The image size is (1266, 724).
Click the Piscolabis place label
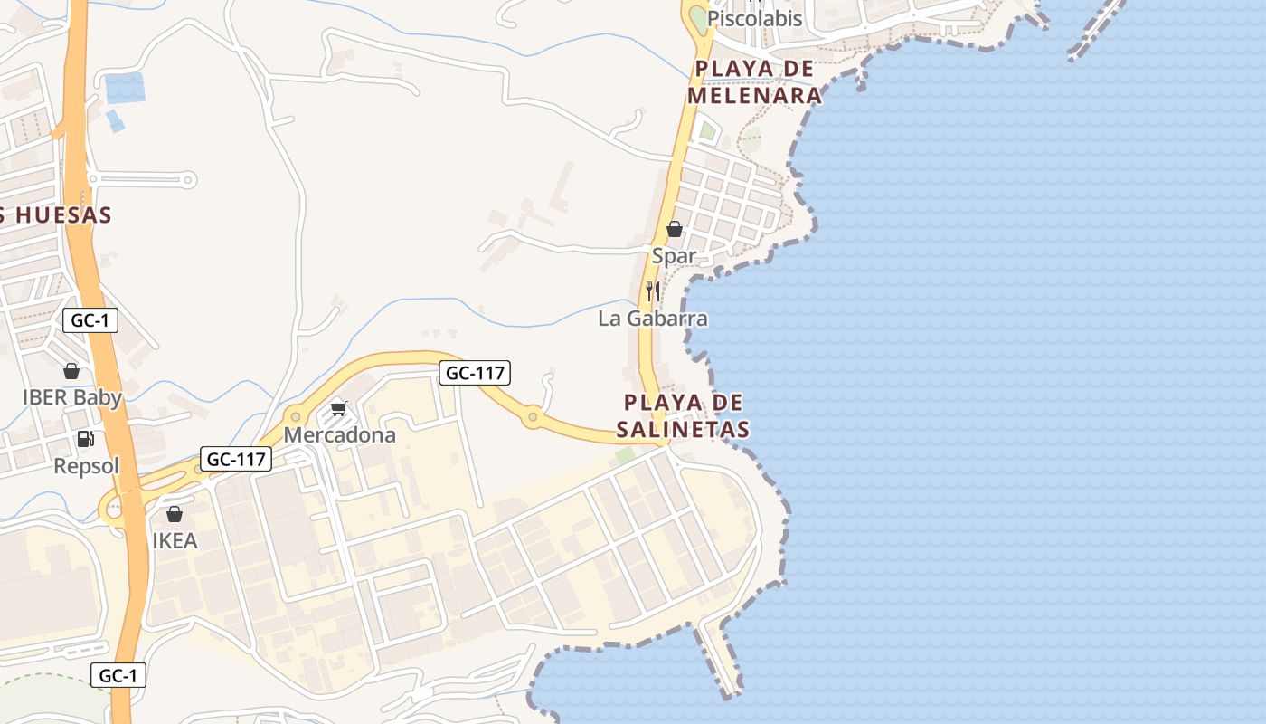tap(754, 19)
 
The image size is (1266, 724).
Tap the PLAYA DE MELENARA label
tap(754, 82)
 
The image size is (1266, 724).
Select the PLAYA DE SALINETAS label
tap(686, 415)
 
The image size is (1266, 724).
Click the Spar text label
tap(675, 256)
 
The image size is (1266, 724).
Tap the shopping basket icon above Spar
tap(675, 229)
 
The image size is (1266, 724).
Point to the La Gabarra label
tap(652, 319)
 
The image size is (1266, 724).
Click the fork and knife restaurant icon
tap(653, 291)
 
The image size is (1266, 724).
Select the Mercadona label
tap(339, 435)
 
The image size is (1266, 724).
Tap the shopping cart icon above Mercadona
tap(339, 409)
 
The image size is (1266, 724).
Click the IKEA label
tap(175, 541)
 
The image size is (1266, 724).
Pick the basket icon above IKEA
tap(175, 514)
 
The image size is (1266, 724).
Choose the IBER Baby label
tap(71, 397)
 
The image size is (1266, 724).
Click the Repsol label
tap(86, 466)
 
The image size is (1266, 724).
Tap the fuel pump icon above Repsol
tap(86, 440)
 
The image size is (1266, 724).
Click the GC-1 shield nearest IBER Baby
tap(90, 319)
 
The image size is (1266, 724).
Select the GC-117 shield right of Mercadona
tap(476, 372)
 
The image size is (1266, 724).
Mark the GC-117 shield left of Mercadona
tap(236, 459)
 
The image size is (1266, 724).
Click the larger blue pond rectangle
tap(125, 88)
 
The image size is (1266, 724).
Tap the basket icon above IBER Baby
tap(71, 371)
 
